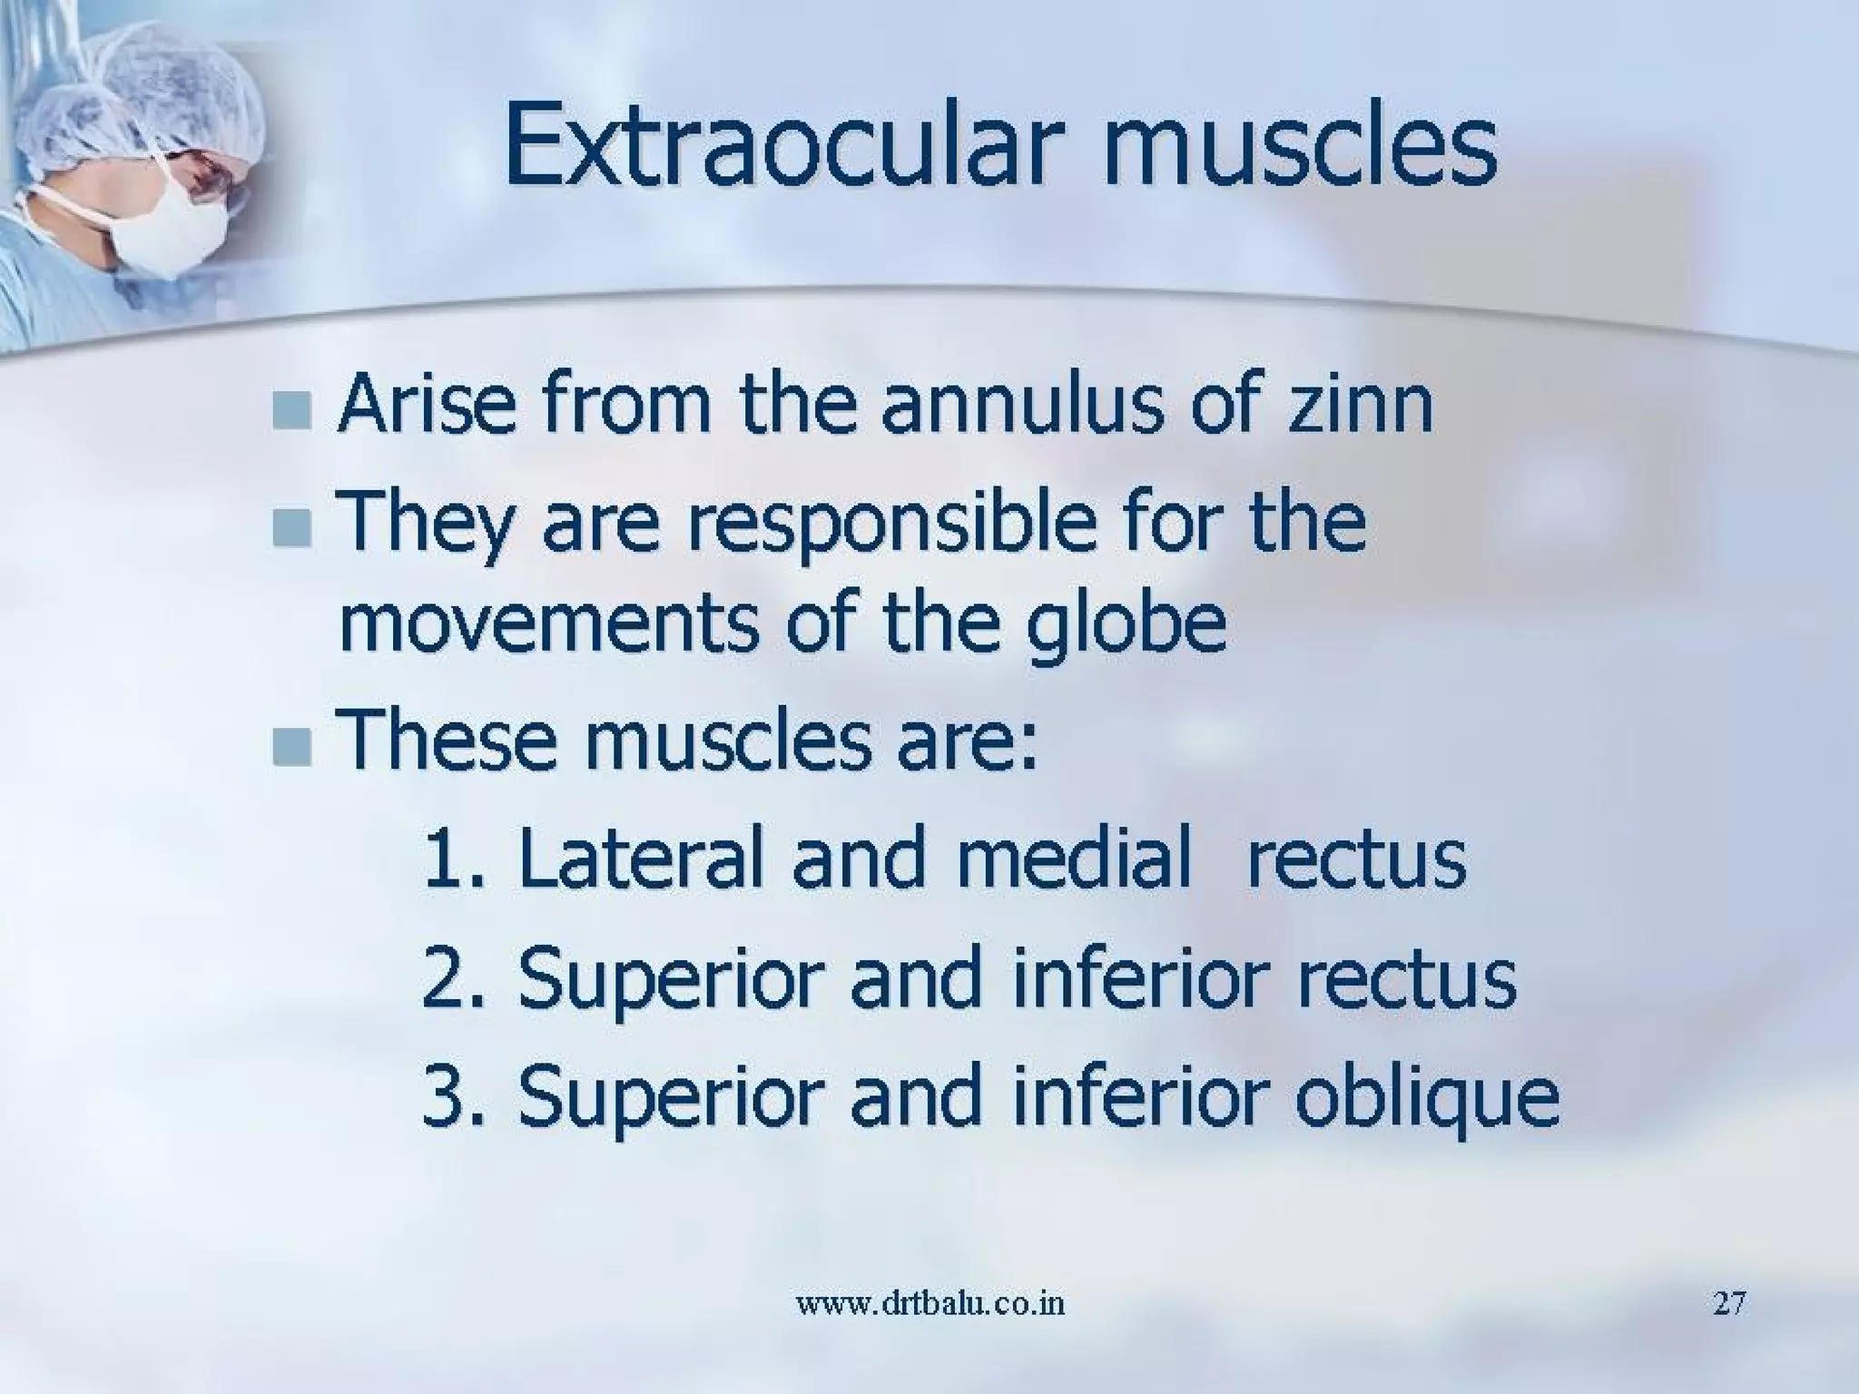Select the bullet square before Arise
point(290,410)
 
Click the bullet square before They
point(290,528)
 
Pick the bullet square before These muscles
point(290,746)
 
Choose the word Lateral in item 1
point(639,859)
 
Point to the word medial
point(1072,859)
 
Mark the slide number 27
point(1729,1304)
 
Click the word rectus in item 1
point(1356,860)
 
